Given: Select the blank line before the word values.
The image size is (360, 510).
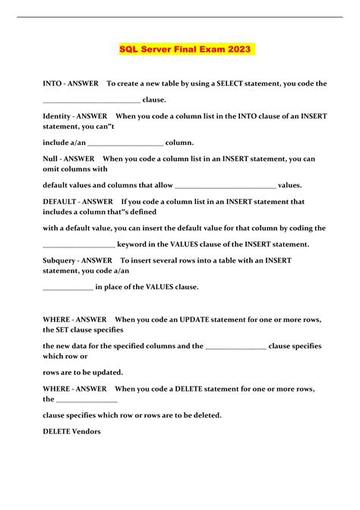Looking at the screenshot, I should click(x=225, y=185).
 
